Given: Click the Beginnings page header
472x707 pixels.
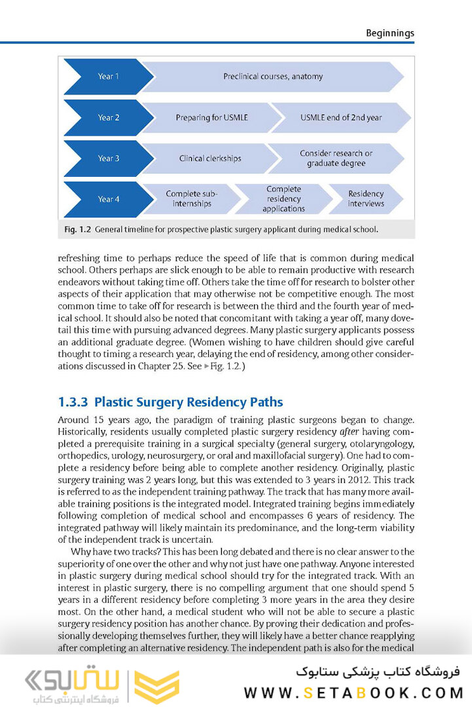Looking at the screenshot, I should pyautogui.click(x=390, y=33).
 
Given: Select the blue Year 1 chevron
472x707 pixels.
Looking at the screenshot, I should pyautogui.click(x=108, y=77).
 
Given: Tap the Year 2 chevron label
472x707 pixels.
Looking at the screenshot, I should pyautogui.click(x=109, y=118).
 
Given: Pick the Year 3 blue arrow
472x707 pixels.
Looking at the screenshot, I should pyautogui.click(x=108, y=158).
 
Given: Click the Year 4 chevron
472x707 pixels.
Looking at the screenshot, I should pyautogui.click(x=108, y=199).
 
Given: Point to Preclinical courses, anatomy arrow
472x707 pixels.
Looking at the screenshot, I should pyautogui.click(x=273, y=77).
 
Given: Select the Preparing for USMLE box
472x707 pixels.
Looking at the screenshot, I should pyautogui.click(x=211, y=118).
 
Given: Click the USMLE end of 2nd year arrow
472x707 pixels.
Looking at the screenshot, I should pyautogui.click(x=340, y=118).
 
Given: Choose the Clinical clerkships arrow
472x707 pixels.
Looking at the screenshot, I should pyautogui.click(x=210, y=158).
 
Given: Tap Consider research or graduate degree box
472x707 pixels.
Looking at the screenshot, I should pyautogui.click(x=336, y=158).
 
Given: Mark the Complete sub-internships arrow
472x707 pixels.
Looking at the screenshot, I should pyautogui.click(x=191, y=199).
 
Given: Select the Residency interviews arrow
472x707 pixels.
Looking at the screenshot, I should pyautogui.click(x=366, y=199).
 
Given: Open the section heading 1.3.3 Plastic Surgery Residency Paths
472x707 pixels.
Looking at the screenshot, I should pyautogui.click(x=170, y=401).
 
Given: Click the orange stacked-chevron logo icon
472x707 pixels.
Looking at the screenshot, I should pyautogui.click(x=156, y=685).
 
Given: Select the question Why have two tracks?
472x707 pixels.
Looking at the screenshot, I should pyautogui.click(x=120, y=552).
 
